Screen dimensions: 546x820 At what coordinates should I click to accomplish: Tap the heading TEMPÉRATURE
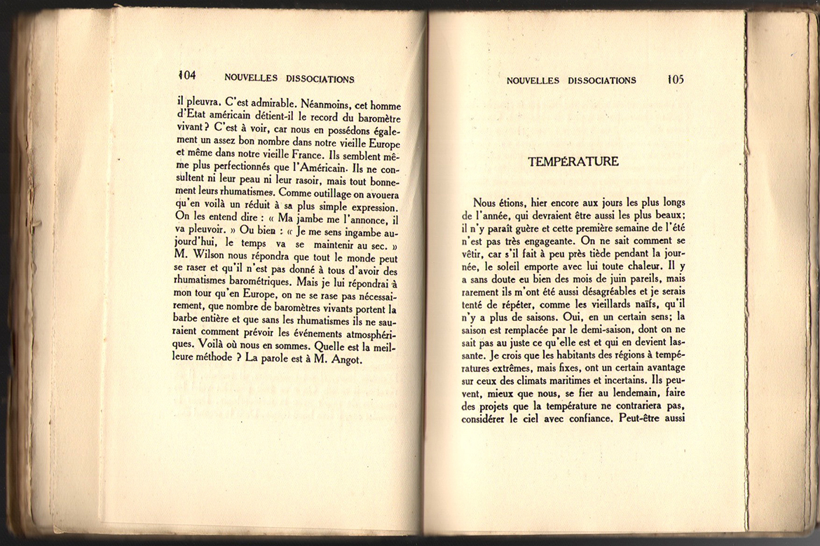coord(573,162)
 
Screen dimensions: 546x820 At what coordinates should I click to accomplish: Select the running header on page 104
coord(289,79)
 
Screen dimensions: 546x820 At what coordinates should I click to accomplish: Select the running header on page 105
coord(571,81)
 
